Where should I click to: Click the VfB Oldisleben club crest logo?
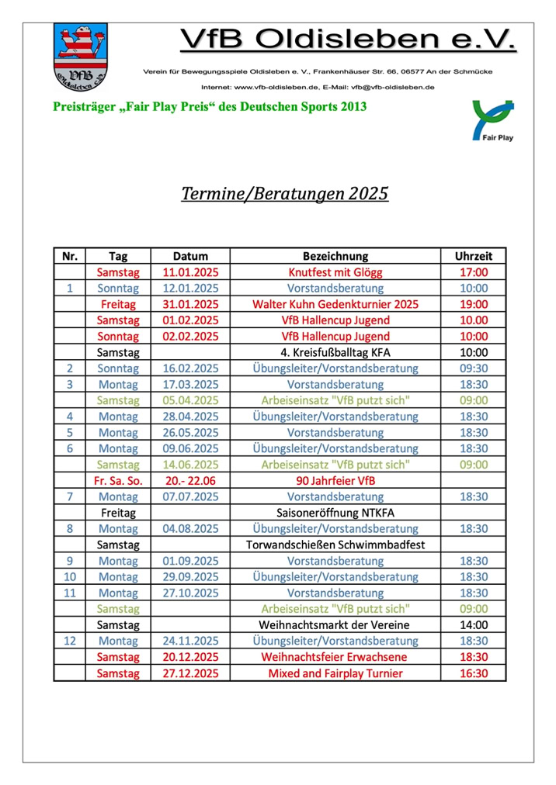point(81,57)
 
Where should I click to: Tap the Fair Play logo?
point(493,120)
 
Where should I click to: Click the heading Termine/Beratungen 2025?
point(284,193)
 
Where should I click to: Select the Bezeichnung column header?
point(335,256)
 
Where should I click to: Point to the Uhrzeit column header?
point(474,256)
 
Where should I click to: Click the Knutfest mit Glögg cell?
point(335,272)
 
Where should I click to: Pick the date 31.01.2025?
point(190,304)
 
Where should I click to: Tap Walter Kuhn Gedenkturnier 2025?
point(335,304)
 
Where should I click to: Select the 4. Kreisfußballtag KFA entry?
point(335,352)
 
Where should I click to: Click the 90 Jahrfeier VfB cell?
point(335,480)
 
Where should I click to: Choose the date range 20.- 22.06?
point(190,480)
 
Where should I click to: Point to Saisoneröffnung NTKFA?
point(335,513)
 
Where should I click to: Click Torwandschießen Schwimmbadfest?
point(335,545)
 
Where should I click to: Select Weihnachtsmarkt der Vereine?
point(335,624)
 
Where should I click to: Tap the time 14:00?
point(474,624)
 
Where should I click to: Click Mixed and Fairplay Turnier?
point(335,673)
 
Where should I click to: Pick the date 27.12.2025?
point(190,673)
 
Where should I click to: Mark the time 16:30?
point(474,673)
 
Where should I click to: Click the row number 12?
point(70,641)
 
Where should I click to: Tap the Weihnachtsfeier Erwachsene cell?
point(335,656)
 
